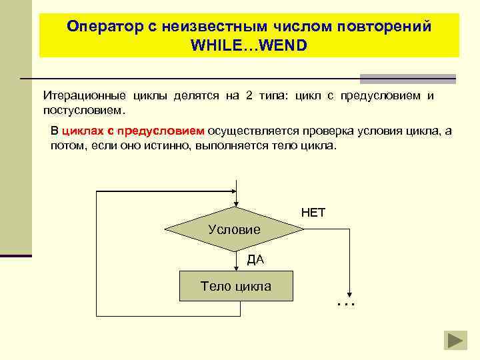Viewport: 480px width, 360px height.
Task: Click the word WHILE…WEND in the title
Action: pos(249,47)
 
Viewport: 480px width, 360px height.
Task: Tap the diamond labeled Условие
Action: pos(234,229)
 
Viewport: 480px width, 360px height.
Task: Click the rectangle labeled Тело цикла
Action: pos(236,287)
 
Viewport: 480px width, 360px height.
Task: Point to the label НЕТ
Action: pos(313,213)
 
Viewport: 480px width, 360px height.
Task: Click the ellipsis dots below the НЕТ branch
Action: pos(347,303)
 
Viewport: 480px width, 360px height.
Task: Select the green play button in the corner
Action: pos(457,341)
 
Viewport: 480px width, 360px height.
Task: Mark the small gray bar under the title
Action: pos(407,78)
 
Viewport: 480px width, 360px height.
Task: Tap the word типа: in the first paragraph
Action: pos(273,95)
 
